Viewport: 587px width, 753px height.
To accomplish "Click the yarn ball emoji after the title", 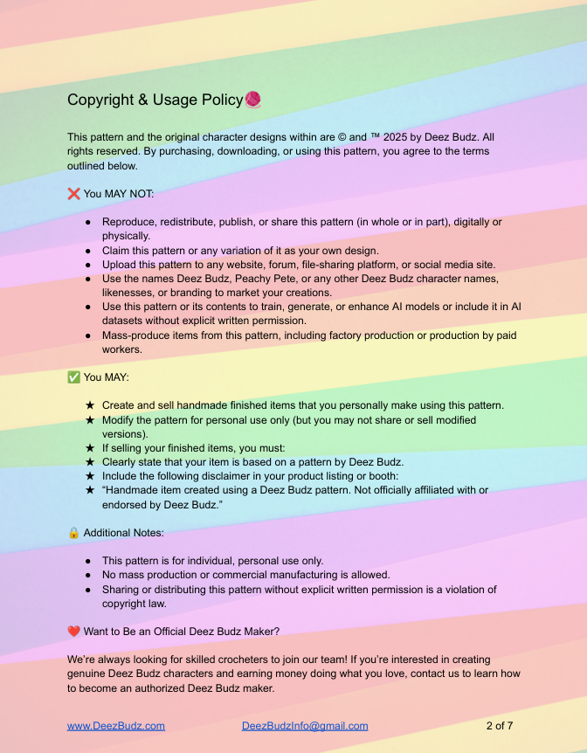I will tap(252, 100).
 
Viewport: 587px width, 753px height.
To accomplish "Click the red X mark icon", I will tap(73, 193).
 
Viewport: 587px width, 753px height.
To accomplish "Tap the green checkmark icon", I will tap(73, 377).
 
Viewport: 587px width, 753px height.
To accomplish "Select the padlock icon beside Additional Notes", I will tap(73, 532).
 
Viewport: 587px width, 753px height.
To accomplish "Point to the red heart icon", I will tap(73, 632).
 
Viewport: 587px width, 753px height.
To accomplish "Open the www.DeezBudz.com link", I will tap(116, 726).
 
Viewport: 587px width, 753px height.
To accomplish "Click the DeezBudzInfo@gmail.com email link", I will tap(305, 726).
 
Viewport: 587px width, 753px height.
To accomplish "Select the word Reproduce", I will tap(132, 222).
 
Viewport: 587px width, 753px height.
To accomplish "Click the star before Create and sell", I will tap(90, 405).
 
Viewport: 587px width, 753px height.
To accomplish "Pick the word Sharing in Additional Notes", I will tap(122, 590).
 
